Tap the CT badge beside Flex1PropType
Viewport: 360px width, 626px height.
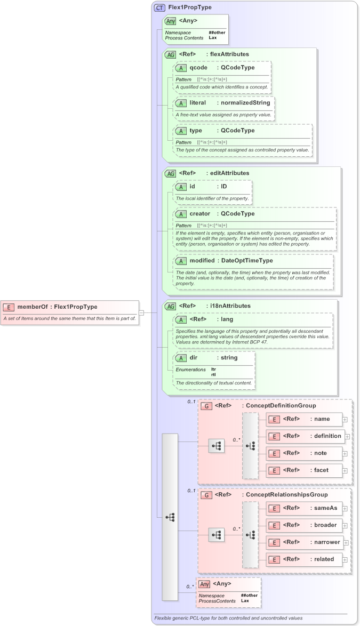159,8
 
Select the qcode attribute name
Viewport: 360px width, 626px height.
198,68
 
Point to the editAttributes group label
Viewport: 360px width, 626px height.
229,173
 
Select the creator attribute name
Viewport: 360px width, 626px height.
200,214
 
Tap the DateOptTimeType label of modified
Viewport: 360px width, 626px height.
247,261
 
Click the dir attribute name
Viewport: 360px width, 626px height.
194,358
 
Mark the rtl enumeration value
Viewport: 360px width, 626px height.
213,375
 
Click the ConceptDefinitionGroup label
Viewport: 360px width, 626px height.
280,406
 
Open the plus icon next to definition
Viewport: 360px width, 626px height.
347,436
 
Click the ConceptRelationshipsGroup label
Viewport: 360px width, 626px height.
286,495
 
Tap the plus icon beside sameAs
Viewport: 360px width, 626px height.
345,509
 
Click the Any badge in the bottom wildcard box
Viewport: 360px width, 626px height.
204,584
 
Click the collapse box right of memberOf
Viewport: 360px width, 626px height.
142,312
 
